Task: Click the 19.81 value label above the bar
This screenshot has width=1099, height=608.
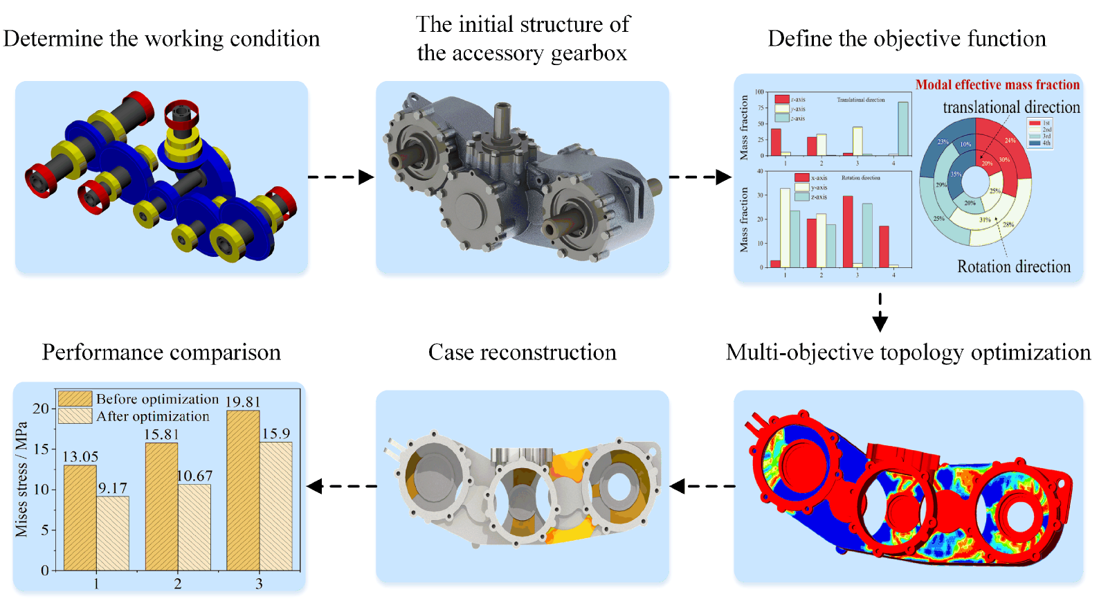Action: click(243, 402)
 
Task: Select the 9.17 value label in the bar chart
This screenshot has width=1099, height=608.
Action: click(112, 488)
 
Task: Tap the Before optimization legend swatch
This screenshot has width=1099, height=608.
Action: click(75, 399)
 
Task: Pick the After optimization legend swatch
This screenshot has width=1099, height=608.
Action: click(75, 416)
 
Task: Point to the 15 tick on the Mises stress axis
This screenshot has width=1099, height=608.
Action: click(42, 449)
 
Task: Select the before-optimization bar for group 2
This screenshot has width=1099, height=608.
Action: click(161, 506)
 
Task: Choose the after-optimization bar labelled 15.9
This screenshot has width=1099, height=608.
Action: click(275, 506)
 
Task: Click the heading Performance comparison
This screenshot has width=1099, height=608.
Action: click(161, 352)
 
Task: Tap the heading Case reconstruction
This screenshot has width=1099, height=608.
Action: click(522, 352)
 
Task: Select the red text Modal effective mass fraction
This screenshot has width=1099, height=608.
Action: click(997, 84)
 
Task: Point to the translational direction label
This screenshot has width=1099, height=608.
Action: click(1011, 107)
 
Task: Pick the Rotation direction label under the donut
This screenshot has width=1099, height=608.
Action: click(1013, 267)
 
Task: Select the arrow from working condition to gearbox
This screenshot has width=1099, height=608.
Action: click(340, 177)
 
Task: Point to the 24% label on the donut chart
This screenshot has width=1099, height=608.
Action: click(1010, 141)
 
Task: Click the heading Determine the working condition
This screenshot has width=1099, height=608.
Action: click(161, 39)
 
